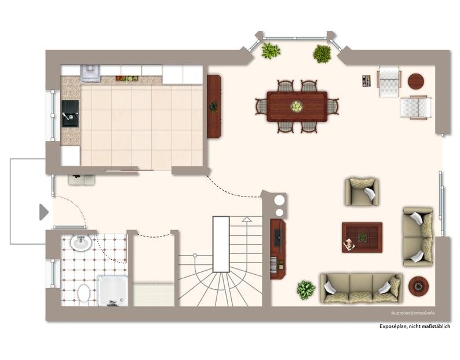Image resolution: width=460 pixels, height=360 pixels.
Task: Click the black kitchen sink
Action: click(70, 114)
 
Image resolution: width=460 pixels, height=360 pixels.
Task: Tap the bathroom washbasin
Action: click(81, 242)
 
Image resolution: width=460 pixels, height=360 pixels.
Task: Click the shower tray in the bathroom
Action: click(112, 290)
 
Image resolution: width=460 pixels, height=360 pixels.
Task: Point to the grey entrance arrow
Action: click(43, 212)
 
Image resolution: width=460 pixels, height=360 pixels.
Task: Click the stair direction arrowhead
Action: click(247, 219)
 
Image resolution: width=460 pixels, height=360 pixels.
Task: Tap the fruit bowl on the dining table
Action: click(297, 106)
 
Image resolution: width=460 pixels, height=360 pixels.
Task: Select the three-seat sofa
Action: click(361, 288)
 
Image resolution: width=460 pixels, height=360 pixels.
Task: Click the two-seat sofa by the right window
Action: click(418, 237)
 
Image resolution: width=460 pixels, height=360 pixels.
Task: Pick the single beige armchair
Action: click(362, 191)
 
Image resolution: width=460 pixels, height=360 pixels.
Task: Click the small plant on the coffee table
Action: click(362, 237)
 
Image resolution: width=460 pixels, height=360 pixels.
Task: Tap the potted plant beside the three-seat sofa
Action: click(306, 289)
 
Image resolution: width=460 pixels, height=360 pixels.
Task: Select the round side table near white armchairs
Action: click(416, 81)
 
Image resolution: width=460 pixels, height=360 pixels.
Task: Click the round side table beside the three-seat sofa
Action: click(418, 286)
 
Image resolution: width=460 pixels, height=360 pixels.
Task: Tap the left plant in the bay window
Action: click(270, 51)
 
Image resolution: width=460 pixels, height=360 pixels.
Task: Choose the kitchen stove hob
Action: click(90, 72)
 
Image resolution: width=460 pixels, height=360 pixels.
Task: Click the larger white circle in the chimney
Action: click(279, 199)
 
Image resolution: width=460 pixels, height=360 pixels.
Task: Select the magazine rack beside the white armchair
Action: click(366, 81)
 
